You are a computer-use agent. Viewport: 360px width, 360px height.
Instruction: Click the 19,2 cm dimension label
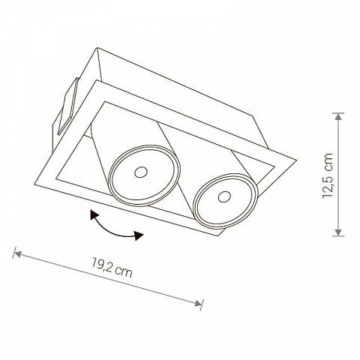click(112, 268)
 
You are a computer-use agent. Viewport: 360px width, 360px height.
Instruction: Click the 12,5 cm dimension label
click(328, 175)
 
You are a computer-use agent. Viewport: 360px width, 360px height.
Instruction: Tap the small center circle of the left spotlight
click(141, 172)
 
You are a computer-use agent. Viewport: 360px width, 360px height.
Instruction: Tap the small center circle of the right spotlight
click(224, 196)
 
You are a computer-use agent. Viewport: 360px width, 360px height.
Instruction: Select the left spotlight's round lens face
click(145, 175)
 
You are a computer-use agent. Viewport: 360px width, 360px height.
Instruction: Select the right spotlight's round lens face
click(226, 201)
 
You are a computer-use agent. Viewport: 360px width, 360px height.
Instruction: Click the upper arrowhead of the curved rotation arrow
click(94, 214)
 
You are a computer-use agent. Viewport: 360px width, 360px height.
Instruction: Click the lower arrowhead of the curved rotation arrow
click(138, 235)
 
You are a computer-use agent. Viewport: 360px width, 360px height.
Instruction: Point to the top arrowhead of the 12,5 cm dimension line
click(338, 117)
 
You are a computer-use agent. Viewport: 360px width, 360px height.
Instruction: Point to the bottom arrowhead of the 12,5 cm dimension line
click(338, 232)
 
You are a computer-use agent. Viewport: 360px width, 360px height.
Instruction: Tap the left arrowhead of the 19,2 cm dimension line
click(17, 253)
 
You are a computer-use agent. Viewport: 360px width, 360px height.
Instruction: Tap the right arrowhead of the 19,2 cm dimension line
click(198, 303)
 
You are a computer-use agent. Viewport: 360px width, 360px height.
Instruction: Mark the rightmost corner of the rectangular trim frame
click(296, 160)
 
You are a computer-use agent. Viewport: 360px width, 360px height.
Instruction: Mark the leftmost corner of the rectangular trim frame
click(34, 184)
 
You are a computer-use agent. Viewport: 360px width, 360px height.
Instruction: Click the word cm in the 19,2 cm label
click(124, 272)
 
